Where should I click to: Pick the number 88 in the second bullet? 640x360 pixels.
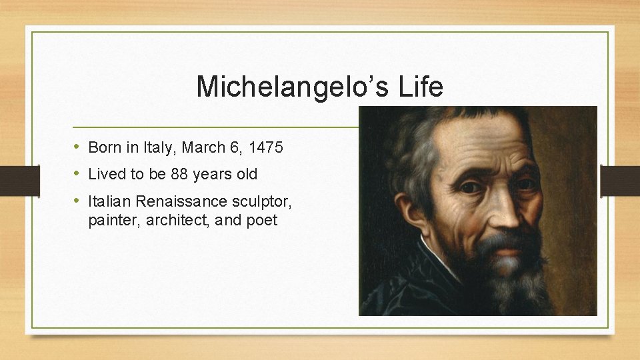click(179, 175)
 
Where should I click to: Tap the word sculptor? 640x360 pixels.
click(257, 201)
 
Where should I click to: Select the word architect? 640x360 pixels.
click(172, 221)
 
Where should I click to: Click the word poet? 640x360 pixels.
click(262, 221)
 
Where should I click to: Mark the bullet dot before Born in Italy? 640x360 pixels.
click(77, 147)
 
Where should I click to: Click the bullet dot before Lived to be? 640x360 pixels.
click(77, 174)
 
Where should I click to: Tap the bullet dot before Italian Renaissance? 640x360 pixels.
click(77, 201)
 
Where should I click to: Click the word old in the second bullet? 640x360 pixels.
click(245, 175)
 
